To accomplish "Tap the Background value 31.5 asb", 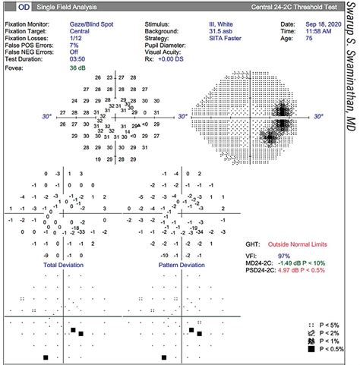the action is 225,32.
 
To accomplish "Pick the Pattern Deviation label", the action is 182,266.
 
